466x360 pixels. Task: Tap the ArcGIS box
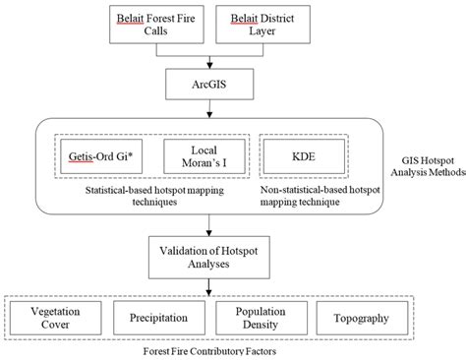click(207, 87)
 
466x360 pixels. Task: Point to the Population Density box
click(261, 319)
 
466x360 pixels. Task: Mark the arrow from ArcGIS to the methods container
click(207, 111)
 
